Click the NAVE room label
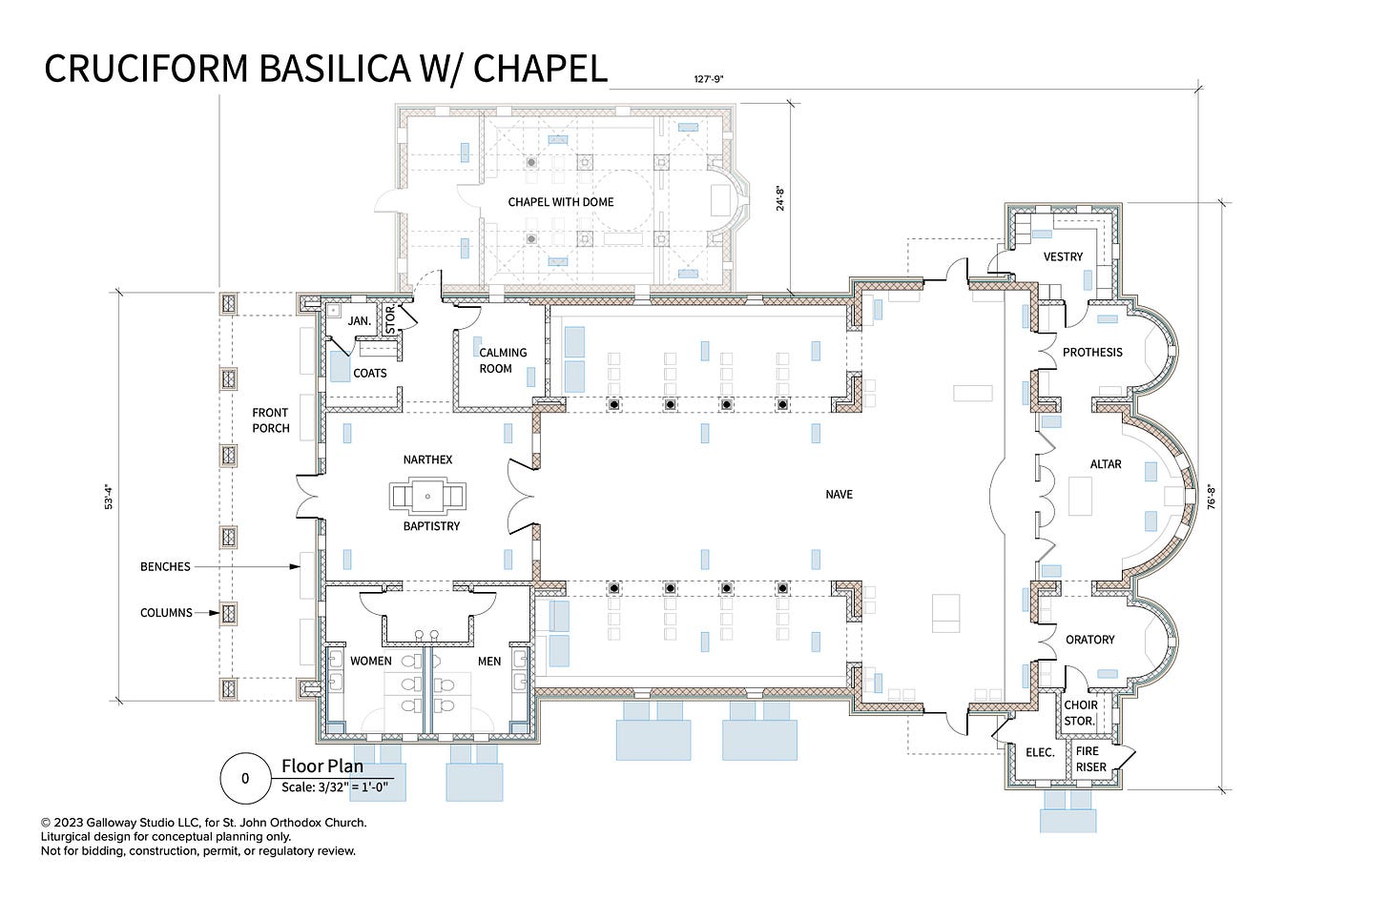pyautogui.click(x=839, y=494)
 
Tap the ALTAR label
pyautogui.click(x=1105, y=464)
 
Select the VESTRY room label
pyautogui.click(x=1063, y=256)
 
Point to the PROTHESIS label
pyautogui.click(x=1092, y=352)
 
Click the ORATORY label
pyautogui.click(x=1089, y=640)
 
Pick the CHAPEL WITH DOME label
pyautogui.click(x=560, y=202)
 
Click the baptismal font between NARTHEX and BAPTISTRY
pyautogui.click(x=427, y=496)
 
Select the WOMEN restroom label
pyautogui.click(x=370, y=661)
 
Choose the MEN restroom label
pyautogui.click(x=489, y=661)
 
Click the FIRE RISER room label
pyautogui.click(x=1090, y=759)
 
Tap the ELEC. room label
pyautogui.click(x=1039, y=752)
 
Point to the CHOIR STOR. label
pyautogui.click(x=1080, y=713)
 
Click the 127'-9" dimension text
pyautogui.click(x=708, y=79)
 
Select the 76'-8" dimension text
pyautogui.click(x=1211, y=497)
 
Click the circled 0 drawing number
pyautogui.click(x=245, y=778)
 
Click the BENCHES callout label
pyautogui.click(x=165, y=566)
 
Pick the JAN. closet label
pyautogui.click(x=359, y=320)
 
